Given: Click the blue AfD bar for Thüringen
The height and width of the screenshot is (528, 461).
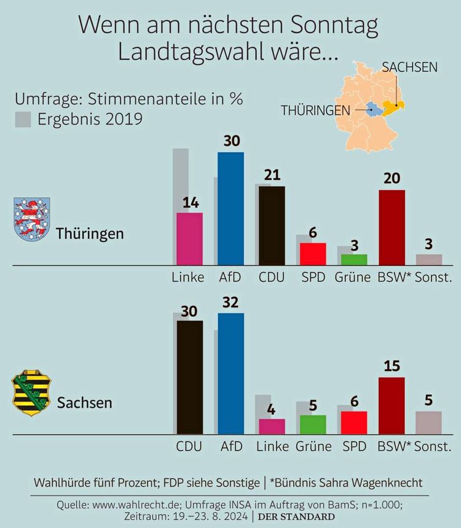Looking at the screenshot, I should point(230,209).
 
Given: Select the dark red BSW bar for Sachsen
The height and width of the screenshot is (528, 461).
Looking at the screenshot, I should point(392,406).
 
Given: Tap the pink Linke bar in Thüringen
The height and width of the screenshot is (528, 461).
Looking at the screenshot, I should point(189,239).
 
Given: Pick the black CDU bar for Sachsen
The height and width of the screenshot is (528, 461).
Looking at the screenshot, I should point(189,378).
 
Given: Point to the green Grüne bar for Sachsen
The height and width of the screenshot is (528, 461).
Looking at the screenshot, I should point(313,425).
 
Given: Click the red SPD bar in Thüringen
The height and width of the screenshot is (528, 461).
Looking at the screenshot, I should point(312,254).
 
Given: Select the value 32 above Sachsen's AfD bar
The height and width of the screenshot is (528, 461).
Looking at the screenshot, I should point(230,301).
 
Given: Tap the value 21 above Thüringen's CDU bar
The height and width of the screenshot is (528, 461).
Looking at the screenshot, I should point(271,175).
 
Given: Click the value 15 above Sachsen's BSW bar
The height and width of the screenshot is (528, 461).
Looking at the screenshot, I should point(392,367).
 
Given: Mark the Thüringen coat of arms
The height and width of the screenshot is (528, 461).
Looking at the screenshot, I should point(31,219).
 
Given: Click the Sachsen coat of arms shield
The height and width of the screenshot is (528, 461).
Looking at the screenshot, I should point(31,392).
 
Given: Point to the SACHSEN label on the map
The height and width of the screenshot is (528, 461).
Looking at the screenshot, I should point(410,67).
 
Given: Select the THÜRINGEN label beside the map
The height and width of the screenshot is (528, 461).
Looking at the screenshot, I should point(315,111).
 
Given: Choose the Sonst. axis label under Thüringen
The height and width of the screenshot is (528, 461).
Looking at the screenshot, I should point(433,278).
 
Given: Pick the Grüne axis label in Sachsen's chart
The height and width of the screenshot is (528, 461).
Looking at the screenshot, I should point(313,446).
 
